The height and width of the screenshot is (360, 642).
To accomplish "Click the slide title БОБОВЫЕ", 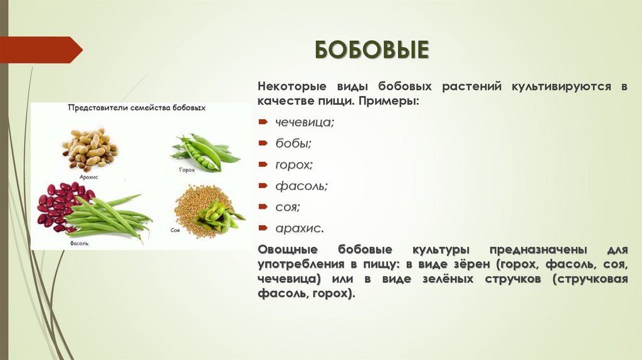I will point(371,50).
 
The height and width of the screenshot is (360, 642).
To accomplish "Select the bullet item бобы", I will point(293,143).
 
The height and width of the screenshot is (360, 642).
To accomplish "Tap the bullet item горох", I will point(294,164).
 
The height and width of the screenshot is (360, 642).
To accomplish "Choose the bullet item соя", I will point(288,206).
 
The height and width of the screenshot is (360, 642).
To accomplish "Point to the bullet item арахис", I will point(299,227).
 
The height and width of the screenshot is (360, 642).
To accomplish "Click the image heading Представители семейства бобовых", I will point(137,108).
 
